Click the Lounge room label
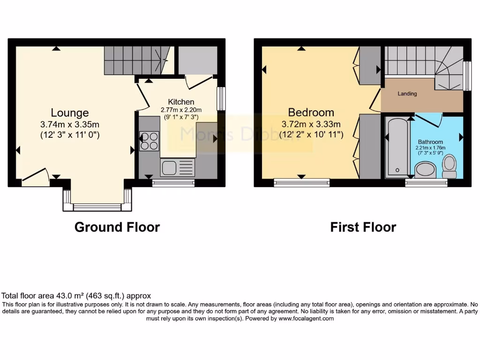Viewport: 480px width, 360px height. coord(70,113)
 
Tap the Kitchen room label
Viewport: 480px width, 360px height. coord(181,102)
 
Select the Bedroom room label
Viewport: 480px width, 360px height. coord(311,112)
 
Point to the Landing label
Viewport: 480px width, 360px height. coord(407,94)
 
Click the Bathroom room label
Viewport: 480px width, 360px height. coord(430,142)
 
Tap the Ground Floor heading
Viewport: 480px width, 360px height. coord(117,227)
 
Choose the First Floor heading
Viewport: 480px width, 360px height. coord(363,227)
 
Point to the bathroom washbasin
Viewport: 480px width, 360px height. coord(426,169)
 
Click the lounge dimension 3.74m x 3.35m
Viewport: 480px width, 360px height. coord(70,125)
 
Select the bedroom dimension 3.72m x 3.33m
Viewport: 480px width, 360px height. coord(311,124)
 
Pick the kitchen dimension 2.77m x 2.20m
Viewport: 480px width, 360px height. coord(181,110)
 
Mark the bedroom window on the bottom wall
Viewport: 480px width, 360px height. coord(301,182)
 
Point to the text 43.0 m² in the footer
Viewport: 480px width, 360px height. coord(60,296)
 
